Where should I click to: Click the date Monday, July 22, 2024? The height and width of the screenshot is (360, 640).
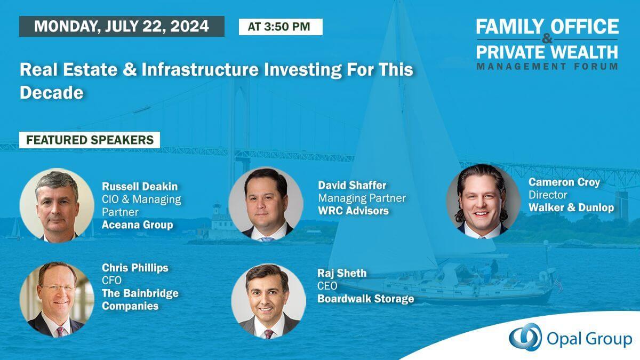click(122, 26)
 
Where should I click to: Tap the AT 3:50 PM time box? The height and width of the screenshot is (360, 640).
click(281, 27)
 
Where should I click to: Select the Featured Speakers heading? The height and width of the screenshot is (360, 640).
click(90, 140)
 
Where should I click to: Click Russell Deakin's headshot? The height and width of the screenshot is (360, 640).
click(57, 205)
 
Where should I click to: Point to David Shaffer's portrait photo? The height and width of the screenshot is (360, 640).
click(266, 204)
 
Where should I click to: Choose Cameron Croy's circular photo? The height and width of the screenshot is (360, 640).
click(483, 202)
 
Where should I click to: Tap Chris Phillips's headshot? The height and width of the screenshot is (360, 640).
click(57, 299)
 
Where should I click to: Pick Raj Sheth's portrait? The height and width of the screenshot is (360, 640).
click(269, 301)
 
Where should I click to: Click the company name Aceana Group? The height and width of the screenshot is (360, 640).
click(138, 225)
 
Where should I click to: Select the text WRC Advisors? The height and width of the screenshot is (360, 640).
click(354, 211)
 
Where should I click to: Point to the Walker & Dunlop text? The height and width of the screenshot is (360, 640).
click(571, 207)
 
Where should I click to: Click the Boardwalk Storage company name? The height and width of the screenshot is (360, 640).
click(366, 299)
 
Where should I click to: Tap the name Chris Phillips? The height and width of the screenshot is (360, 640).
click(135, 268)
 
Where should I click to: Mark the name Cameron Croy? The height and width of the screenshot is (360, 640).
click(564, 182)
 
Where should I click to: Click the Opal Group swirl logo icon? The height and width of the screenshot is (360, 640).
click(525, 337)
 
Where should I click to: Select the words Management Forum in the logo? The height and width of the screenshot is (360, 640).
click(547, 67)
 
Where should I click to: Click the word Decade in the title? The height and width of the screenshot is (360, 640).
click(52, 93)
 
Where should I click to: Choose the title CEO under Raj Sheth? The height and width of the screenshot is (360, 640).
click(327, 286)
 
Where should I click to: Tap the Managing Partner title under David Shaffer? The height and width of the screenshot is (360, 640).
click(362, 198)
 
